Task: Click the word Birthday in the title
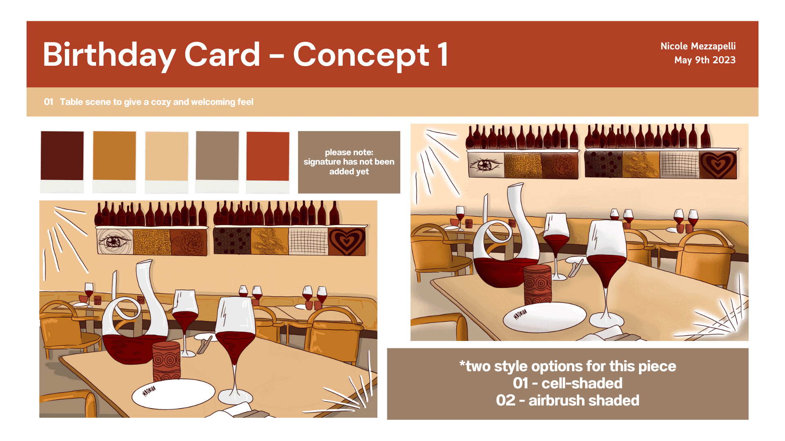point(110,55)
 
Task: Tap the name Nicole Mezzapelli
point(698,46)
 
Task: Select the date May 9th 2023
point(705,60)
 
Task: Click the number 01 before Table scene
point(49,102)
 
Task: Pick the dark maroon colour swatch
point(62,156)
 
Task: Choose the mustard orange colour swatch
point(114,156)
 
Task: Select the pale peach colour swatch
point(167,156)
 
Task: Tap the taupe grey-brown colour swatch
point(217,156)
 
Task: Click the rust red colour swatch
point(268,156)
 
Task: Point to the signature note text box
point(349,162)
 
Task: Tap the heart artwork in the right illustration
point(718,165)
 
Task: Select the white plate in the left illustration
point(173,393)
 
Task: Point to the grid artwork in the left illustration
point(308,241)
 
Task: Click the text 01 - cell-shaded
point(567,383)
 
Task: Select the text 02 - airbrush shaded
point(567,401)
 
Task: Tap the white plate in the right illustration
point(545,316)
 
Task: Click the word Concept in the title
point(361,55)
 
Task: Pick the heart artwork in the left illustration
point(347,241)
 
